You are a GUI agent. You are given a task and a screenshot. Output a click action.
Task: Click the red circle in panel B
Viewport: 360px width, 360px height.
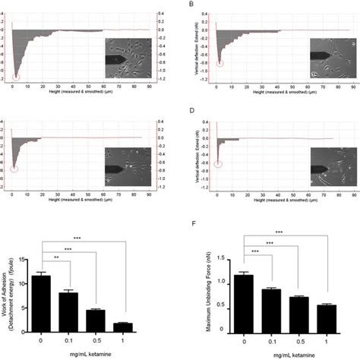pyautogui.click(x=219, y=62)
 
